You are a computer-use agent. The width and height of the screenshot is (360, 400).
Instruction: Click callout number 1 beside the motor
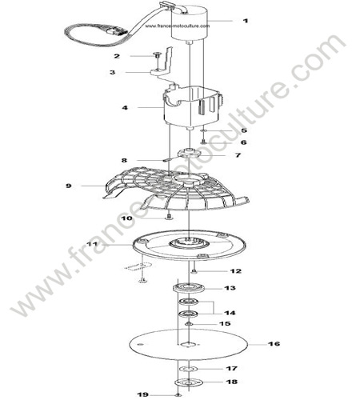pos(246,21)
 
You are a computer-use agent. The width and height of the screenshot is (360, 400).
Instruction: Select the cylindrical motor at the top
pos(189,23)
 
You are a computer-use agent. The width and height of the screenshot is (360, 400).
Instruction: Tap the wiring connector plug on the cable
pos(115,30)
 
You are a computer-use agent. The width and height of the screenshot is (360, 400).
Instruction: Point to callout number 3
pos(113,72)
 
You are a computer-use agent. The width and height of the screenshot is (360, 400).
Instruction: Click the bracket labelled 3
pos(163,66)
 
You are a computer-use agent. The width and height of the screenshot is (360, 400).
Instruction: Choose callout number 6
pos(243,142)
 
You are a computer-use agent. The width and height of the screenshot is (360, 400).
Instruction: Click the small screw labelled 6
pos(203,142)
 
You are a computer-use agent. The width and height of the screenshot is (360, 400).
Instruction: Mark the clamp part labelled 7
pos(189,153)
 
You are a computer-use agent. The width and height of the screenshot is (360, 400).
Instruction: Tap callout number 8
pos(124,160)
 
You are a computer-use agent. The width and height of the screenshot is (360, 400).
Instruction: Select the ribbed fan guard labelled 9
pos(176,188)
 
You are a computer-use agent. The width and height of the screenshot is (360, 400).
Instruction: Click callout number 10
pos(126,218)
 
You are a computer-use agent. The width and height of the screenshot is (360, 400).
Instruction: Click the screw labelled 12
pos(194,271)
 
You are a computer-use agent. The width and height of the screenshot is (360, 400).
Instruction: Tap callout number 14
pos(230,313)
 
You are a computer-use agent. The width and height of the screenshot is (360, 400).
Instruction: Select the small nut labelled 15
pos(189,324)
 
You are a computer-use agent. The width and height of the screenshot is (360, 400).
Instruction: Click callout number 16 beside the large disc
pos(274,344)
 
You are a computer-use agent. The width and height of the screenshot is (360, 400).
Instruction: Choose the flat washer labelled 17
pos(189,369)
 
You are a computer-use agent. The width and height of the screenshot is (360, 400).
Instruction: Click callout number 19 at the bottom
pos(142,394)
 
